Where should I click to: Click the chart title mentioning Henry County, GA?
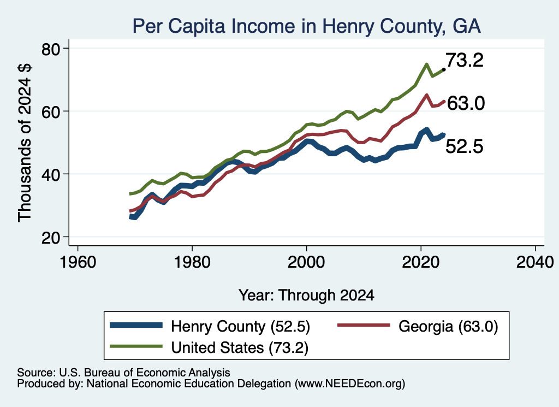(x=307, y=26)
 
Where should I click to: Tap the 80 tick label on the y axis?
(x=51, y=49)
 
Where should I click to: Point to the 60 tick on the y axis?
(x=51, y=111)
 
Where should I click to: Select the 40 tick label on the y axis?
(x=51, y=174)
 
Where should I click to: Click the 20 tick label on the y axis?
(x=51, y=238)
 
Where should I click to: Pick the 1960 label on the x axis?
(x=78, y=262)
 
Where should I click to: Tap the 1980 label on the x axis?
(x=192, y=262)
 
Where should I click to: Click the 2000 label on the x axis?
(x=306, y=262)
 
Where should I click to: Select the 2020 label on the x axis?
(x=421, y=262)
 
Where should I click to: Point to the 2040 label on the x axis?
(x=535, y=262)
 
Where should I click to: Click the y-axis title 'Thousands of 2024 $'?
(x=25, y=143)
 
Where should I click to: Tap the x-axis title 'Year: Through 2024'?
(x=306, y=296)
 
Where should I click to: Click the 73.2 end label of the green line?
(x=465, y=60)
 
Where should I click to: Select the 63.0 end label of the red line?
(x=466, y=103)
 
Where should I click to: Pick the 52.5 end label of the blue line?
(x=465, y=146)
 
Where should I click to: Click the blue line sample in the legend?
(x=136, y=325)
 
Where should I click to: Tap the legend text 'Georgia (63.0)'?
(x=448, y=326)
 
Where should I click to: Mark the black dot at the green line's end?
(x=444, y=69)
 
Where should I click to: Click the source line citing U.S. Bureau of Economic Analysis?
(x=123, y=373)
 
